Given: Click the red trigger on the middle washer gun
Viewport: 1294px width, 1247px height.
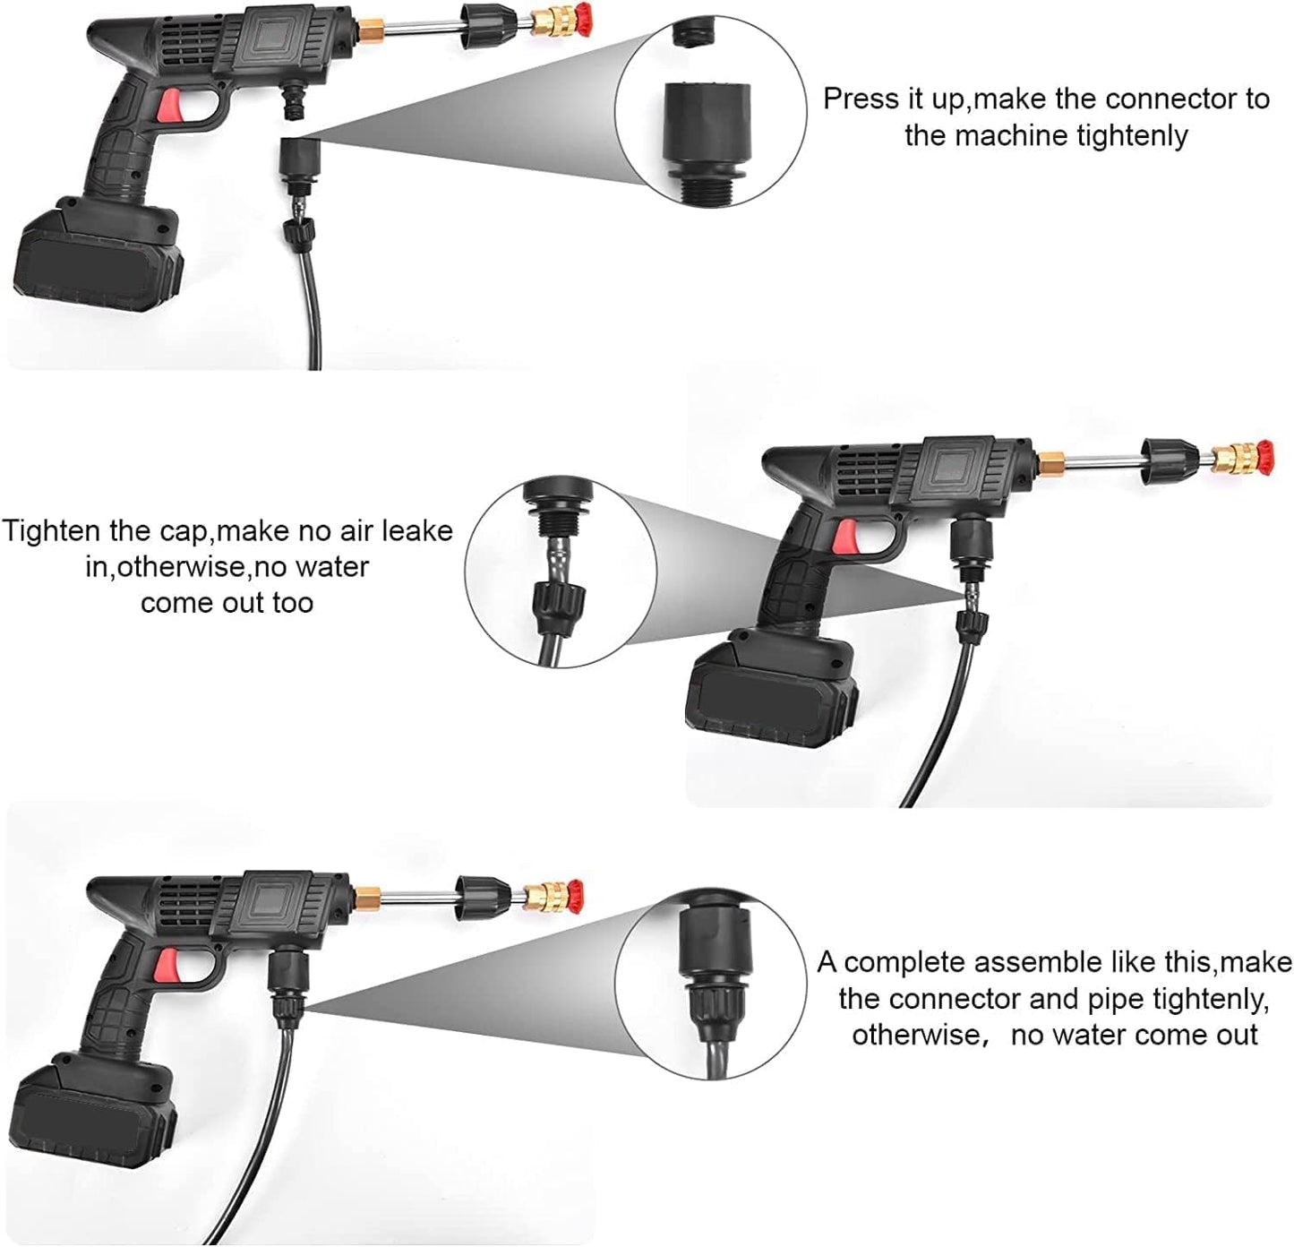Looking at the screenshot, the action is (846, 536).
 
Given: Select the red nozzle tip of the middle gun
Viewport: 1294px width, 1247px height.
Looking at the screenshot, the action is (1263, 456).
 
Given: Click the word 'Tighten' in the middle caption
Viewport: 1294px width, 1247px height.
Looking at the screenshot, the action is (53, 530).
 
